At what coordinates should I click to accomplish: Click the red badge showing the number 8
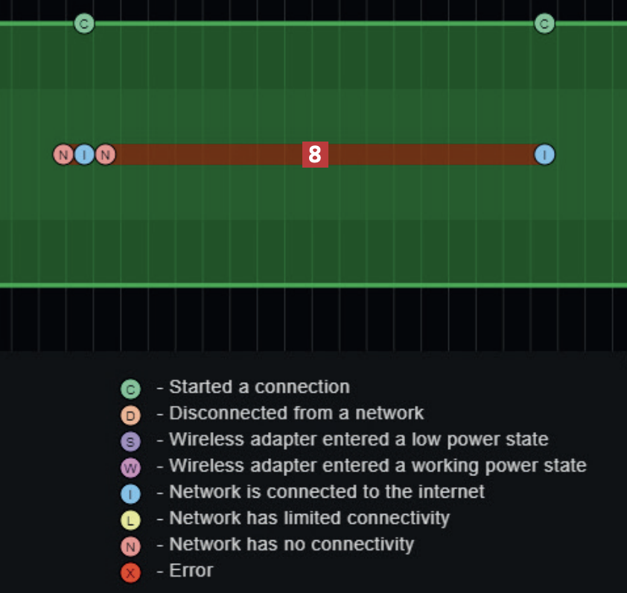pos(314,155)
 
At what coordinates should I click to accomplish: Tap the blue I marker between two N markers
pos(84,155)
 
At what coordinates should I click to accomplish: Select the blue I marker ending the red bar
pos(544,155)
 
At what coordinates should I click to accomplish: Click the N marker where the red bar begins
pos(106,155)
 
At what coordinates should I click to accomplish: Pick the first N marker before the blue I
pos(63,155)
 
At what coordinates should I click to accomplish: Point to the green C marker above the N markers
pos(84,24)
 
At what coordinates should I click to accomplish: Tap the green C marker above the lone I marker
pos(544,24)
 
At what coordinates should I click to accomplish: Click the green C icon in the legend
pos(130,389)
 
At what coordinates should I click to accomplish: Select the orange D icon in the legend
pos(130,415)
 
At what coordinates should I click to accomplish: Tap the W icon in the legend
pos(130,468)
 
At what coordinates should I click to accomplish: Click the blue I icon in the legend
pos(130,494)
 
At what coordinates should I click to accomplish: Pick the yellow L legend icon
pos(130,520)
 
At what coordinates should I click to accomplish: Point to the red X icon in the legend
pos(130,573)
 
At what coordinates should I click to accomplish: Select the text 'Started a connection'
pos(259,387)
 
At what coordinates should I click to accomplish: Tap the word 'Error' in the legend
pos(191,571)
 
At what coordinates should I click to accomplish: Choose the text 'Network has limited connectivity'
pos(309,518)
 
